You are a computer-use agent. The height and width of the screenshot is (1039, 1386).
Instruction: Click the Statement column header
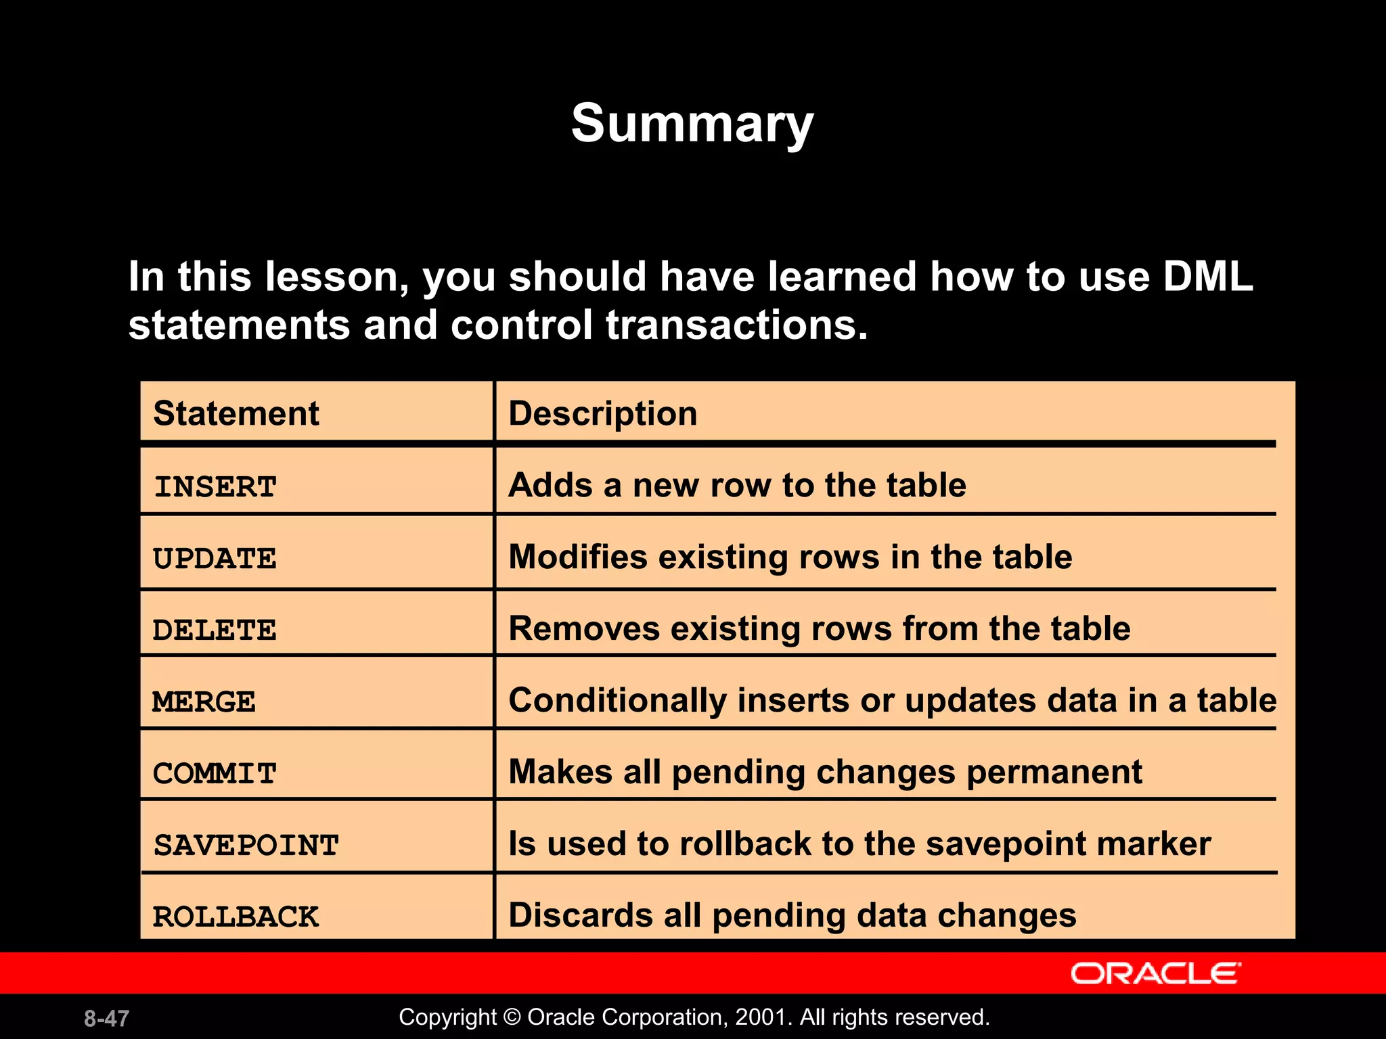236,413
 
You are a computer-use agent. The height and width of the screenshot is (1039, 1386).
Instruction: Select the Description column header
602,413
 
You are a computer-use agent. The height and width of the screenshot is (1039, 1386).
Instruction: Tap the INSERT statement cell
215,487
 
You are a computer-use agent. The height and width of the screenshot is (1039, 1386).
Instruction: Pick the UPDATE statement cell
215,559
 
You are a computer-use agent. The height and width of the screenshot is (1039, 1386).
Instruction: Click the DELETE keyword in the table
215,630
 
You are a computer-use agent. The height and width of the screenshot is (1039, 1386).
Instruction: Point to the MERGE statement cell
204,702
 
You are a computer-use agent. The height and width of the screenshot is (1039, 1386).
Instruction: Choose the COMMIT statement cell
215,774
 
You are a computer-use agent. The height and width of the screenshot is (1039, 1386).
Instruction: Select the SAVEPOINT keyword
246,846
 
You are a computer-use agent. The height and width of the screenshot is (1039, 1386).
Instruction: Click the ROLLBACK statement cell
236,917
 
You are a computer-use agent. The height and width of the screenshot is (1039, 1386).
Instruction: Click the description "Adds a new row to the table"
737,486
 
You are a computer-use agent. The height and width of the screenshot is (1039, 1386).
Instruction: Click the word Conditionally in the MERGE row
617,701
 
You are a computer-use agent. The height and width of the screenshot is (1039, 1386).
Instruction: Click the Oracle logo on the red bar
1155,973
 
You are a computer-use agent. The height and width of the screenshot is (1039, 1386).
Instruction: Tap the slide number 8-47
106,1018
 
